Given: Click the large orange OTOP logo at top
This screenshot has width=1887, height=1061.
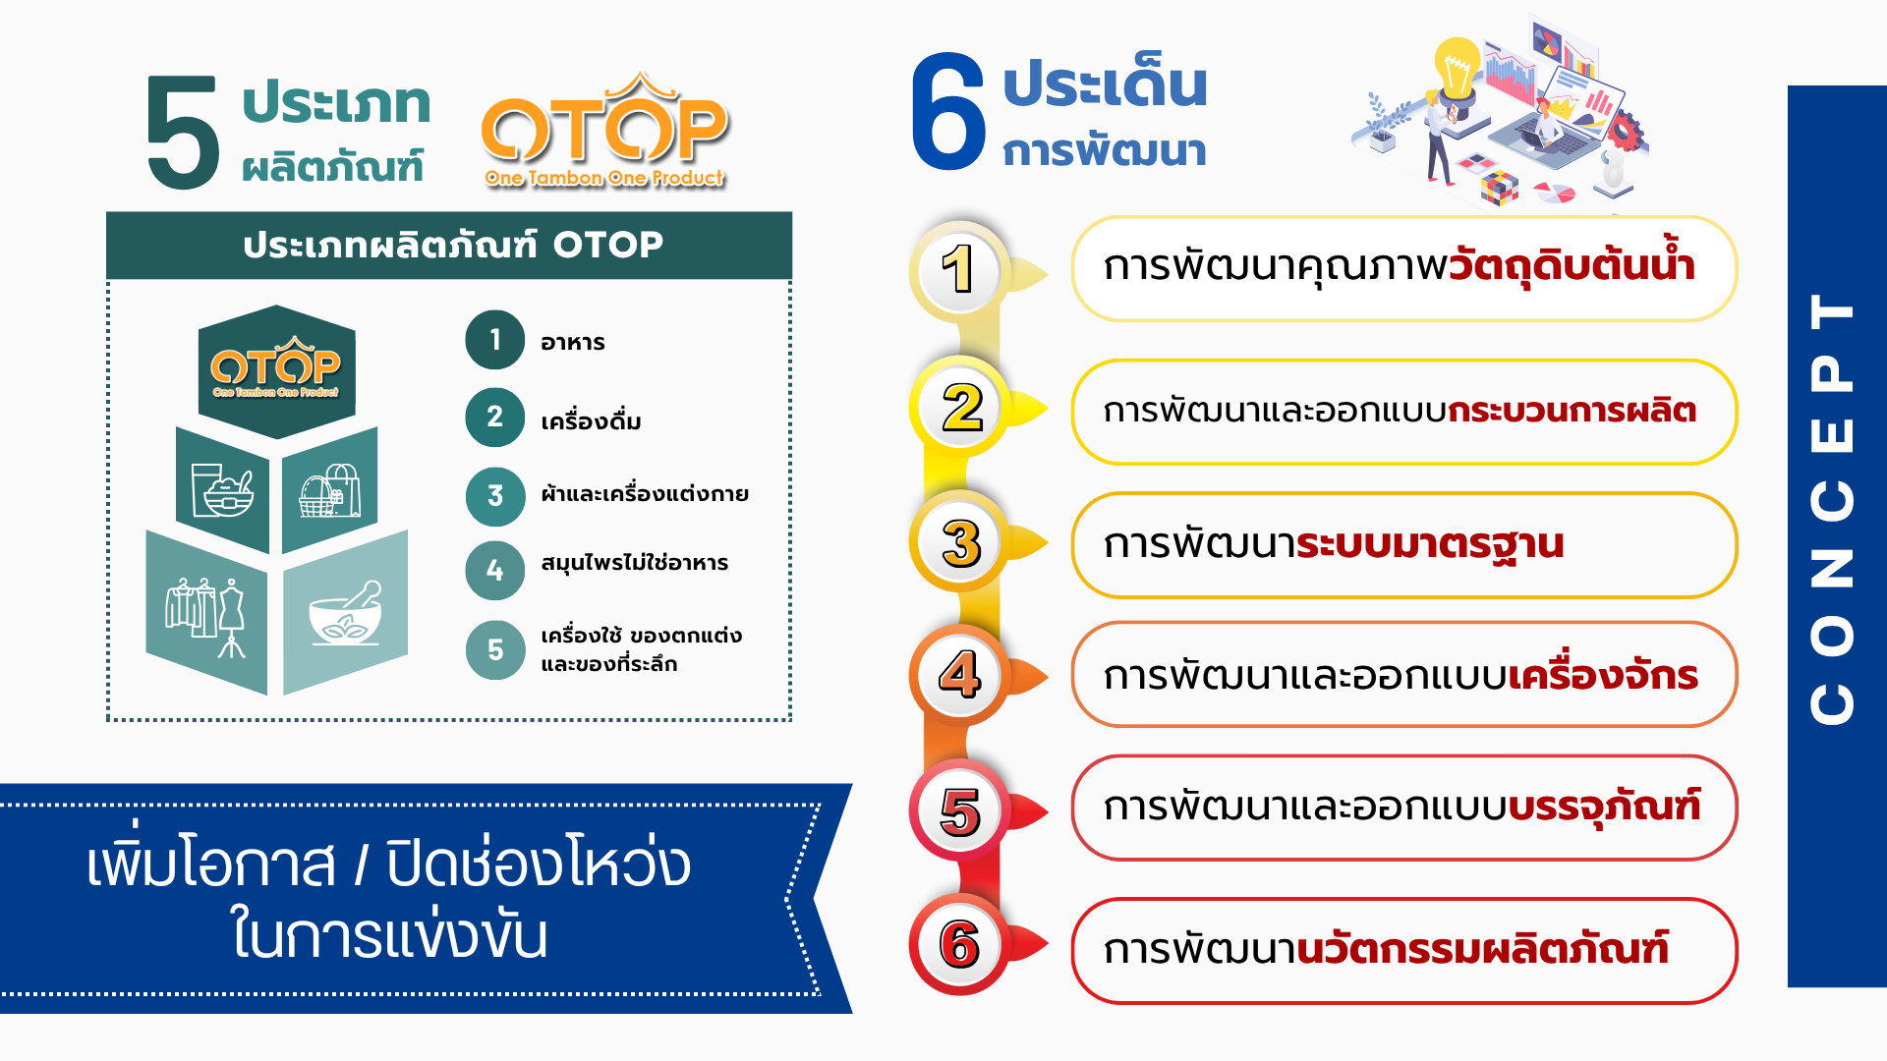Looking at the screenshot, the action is (x=604, y=130).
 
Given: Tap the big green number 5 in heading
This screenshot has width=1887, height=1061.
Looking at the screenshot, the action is (x=183, y=133).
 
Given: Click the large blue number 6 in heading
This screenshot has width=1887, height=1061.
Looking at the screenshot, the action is (x=948, y=111).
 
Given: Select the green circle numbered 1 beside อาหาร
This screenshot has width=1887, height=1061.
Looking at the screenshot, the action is (x=494, y=340).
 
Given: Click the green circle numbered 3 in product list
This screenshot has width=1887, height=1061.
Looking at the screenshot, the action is (x=494, y=496).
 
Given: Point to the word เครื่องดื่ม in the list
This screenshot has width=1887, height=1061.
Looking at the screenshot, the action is (x=591, y=420).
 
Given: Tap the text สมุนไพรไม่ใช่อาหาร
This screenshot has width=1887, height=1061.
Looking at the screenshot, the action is (x=634, y=562).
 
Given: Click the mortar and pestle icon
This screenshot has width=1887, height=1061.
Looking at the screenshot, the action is (x=345, y=614).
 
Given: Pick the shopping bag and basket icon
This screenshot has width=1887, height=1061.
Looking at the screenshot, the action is (x=329, y=491).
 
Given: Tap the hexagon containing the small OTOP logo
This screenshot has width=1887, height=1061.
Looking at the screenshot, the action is (x=276, y=372).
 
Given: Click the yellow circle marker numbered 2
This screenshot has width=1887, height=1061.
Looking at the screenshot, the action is (x=961, y=408).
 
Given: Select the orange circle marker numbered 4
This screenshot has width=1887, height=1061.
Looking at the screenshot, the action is (x=960, y=675).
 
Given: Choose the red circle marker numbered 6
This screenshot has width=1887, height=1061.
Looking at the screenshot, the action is (x=960, y=944).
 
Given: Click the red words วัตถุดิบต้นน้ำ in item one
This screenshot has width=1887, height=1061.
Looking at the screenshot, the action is (x=1572, y=262).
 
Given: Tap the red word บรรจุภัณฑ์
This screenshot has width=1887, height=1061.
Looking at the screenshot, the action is (x=1605, y=808).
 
